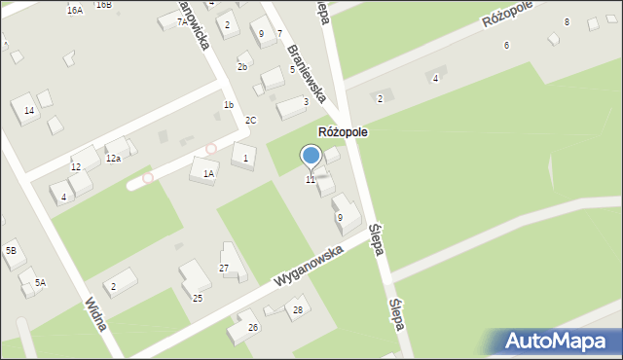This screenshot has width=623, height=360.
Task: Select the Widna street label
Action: click(95, 313)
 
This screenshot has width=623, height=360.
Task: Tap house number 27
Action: click(223, 268)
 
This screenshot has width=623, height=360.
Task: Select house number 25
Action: click(197, 298)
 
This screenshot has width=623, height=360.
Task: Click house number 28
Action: click(298, 310)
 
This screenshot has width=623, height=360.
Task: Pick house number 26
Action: click(252, 327)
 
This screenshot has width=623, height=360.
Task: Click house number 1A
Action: click(208, 173)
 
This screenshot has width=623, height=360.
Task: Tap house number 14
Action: click(29, 111)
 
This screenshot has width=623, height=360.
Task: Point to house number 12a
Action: click(113, 158)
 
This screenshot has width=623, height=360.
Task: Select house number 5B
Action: click(11, 251)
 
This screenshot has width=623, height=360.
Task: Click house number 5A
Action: click(40, 282)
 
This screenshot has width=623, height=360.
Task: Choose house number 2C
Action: click(250, 120)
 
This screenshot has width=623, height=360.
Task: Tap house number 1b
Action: click(229, 104)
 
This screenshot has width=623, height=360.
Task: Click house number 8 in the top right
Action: click(566, 21)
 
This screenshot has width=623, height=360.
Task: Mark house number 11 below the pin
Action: click(311, 180)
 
